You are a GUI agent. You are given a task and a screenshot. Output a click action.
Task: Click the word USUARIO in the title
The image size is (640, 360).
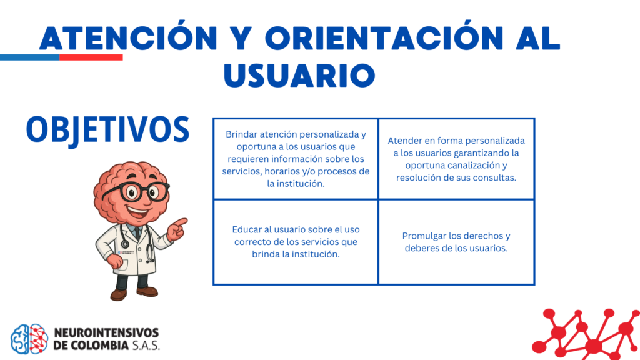click(x=299, y=75)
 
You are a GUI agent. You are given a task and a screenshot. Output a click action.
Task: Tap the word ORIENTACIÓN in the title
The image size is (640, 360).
click(x=384, y=38)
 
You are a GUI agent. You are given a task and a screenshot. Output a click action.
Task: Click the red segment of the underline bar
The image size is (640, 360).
click(x=91, y=57)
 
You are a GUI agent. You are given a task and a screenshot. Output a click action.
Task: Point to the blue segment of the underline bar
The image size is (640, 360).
click(x=30, y=57)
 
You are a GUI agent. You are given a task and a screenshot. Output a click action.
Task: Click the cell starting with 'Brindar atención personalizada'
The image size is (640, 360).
click(x=296, y=159)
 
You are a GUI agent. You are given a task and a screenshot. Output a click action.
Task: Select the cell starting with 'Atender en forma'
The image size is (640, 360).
click(x=456, y=159)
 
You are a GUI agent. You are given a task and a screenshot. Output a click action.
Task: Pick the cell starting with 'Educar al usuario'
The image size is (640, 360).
click(x=296, y=242)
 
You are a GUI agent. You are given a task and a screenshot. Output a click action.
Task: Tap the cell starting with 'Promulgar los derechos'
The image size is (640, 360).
click(x=456, y=242)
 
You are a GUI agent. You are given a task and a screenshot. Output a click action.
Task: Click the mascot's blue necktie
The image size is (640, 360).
click(x=137, y=232)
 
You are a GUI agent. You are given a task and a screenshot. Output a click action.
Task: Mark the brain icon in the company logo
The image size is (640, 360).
click(x=29, y=339)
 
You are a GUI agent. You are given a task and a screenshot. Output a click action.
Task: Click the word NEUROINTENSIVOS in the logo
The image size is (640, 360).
click(x=106, y=332)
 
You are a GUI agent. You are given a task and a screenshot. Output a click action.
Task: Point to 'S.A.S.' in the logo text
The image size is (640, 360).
click(x=146, y=345)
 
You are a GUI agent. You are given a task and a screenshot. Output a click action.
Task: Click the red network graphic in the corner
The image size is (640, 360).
click(x=586, y=334)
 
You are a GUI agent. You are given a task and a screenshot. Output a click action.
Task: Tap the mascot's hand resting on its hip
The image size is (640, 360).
click(x=115, y=261)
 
